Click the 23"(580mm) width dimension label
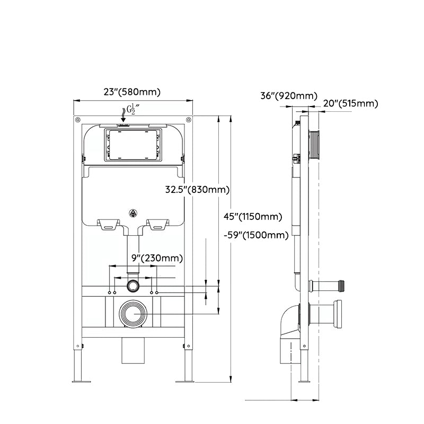(131, 92)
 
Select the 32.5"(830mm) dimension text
(197, 189)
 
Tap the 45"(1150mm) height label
(252, 216)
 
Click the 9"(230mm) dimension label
(157, 258)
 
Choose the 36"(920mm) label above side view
(288, 96)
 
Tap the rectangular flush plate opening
(132, 144)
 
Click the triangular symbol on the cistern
(132, 214)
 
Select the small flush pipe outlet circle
(132, 286)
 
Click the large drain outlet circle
(132, 313)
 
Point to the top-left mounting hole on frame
(77, 119)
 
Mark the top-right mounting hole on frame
(188, 119)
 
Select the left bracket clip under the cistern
(108, 224)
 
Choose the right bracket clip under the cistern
(157, 224)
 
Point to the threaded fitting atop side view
(315, 144)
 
